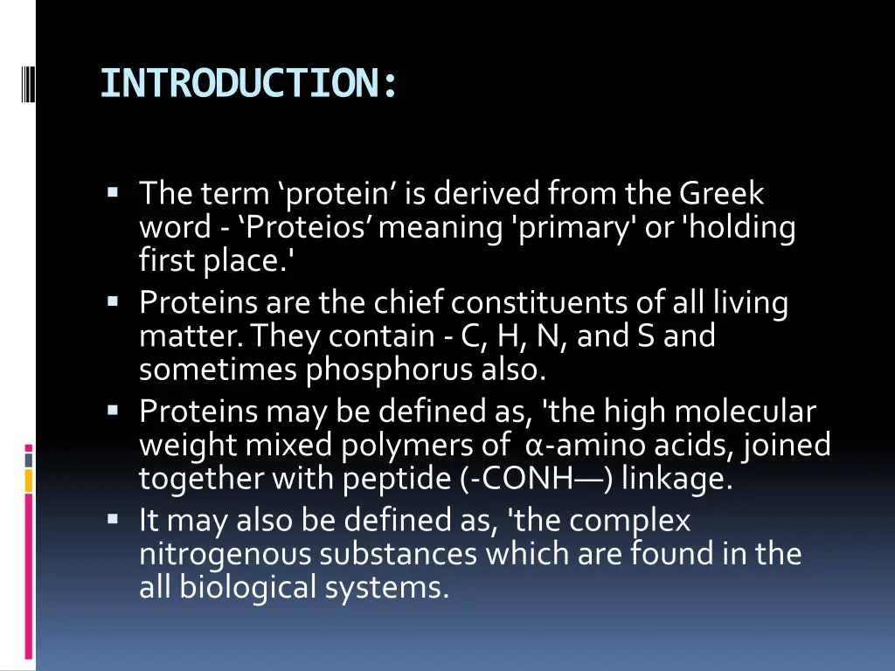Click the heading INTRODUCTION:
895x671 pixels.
pos(249,84)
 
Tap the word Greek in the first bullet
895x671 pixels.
pos(721,192)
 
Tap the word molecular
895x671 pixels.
pos(745,411)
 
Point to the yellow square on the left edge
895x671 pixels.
pos(28,480)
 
